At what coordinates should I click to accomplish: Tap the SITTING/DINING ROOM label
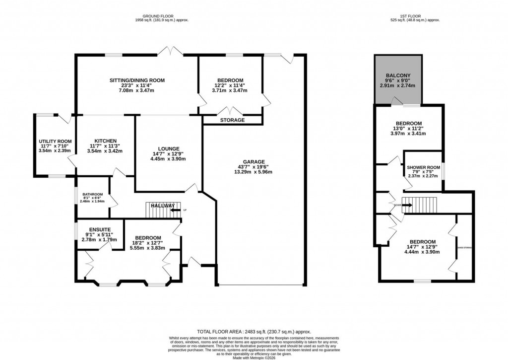point(137,80)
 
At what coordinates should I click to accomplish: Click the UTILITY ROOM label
point(52,142)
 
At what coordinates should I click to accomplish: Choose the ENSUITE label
point(93,229)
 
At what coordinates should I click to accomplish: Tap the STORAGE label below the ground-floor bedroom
point(232,120)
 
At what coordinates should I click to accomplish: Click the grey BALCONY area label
point(399,76)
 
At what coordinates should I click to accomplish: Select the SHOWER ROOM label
point(423,168)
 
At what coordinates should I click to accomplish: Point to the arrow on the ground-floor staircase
point(175,210)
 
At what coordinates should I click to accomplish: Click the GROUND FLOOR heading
point(162,15)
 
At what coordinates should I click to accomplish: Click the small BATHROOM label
point(92,194)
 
